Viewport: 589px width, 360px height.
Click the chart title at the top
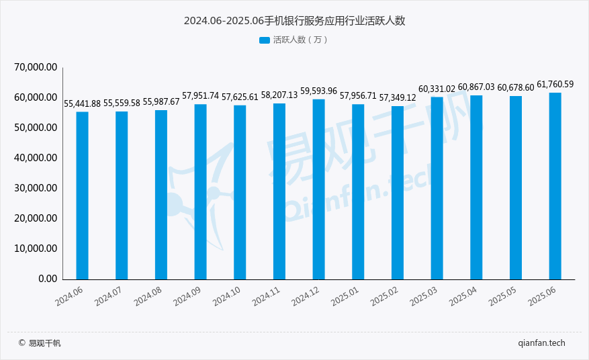point(294,21)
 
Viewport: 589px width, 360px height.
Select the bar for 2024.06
point(82,195)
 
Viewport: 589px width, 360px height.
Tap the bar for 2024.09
point(200,191)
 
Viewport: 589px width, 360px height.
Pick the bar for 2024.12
point(318,189)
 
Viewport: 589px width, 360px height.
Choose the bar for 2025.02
point(398,192)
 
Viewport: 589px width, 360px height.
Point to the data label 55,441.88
point(82,104)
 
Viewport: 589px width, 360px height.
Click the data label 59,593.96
point(318,91)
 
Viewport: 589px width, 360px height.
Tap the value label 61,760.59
point(555,85)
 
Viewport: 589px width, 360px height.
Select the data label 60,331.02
point(437,89)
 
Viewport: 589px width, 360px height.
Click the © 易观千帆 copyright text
point(40,343)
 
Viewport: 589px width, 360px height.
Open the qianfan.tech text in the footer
point(541,343)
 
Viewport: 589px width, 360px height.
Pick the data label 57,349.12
point(398,98)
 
